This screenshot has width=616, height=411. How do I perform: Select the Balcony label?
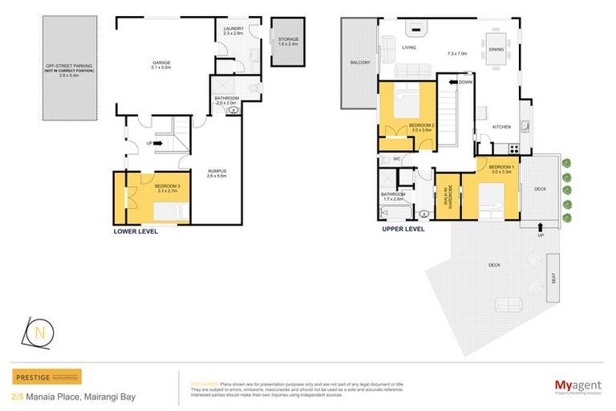[x=359, y=62]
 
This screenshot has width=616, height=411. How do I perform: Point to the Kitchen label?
[x=502, y=128]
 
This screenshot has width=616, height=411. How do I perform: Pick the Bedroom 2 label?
[x=421, y=127]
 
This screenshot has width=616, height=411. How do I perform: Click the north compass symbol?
[x=43, y=332]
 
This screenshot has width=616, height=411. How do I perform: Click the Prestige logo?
[x=47, y=377]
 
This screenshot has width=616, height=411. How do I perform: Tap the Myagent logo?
[x=577, y=385]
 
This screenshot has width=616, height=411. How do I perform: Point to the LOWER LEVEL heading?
[x=136, y=231]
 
